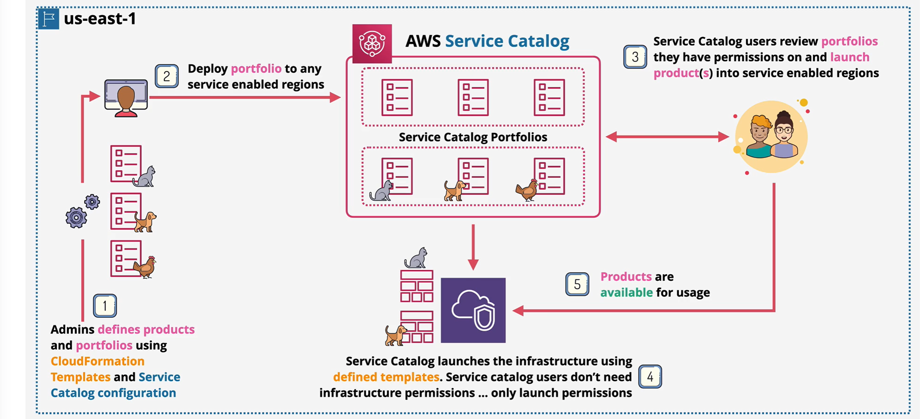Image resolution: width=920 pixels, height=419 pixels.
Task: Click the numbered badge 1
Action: (x=105, y=306)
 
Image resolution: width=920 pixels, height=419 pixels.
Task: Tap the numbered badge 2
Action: (x=166, y=76)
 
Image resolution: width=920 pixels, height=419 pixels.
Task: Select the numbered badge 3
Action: (x=635, y=57)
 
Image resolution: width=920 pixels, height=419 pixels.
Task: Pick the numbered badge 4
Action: (x=650, y=376)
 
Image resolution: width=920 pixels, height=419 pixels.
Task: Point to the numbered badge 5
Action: (x=577, y=284)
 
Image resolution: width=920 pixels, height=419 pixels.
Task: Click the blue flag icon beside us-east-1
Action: (x=49, y=18)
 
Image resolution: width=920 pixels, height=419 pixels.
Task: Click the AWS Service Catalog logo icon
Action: (x=372, y=43)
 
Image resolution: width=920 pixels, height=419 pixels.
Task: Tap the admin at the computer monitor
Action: (x=126, y=99)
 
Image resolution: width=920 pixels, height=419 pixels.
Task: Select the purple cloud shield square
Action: (x=473, y=310)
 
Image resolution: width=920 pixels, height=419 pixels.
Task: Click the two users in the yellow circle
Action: (x=771, y=137)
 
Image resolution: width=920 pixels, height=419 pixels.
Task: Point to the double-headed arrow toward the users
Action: (x=667, y=137)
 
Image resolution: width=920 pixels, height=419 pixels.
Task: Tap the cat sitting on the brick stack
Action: (x=416, y=257)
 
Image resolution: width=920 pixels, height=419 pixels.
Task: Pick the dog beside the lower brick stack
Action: (x=395, y=335)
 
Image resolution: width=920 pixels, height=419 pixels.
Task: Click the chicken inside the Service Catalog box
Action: (x=527, y=190)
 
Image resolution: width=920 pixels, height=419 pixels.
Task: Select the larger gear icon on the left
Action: (x=76, y=217)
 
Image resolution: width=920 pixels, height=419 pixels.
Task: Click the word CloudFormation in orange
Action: (x=98, y=361)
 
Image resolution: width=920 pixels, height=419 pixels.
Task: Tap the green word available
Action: (x=626, y=292)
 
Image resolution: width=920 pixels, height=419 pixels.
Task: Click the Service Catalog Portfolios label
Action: (x=472, y=137)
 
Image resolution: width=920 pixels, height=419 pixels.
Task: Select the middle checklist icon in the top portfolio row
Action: (x=473, y=97)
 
